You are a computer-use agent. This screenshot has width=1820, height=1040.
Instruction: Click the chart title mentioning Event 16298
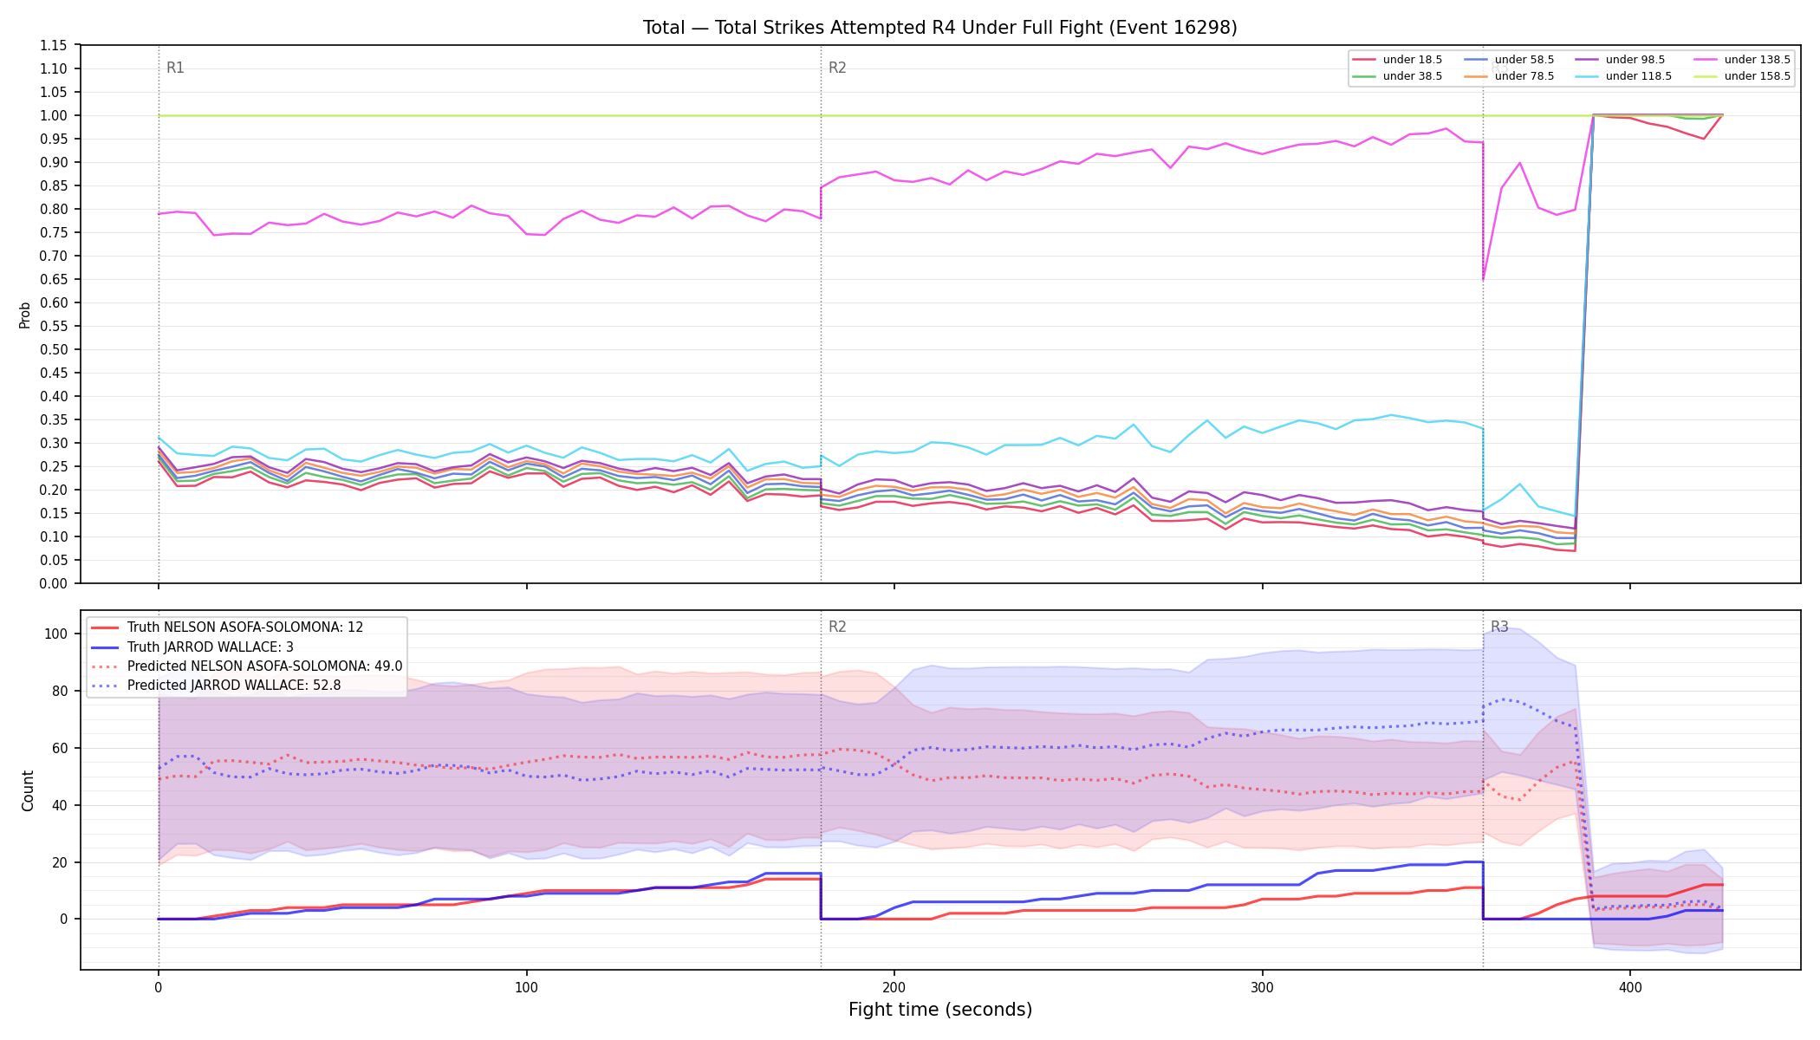click(940, 28)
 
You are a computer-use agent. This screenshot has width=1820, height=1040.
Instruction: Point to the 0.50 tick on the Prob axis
click(54, 349)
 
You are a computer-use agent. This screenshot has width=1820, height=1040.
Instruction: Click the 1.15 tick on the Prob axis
click(54, 45)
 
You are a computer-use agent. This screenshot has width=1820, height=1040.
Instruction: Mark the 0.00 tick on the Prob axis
click(54, 583)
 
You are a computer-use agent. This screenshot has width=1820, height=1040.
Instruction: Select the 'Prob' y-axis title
click(25, 315)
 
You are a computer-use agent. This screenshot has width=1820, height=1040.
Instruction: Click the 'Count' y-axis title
click(28, 790)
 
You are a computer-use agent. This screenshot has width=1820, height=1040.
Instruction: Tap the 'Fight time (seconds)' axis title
click(940, 1010)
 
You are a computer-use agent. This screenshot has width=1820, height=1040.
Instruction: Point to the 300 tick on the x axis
click(1262, 987)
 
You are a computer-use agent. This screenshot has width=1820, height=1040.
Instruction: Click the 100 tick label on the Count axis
click(56, 634)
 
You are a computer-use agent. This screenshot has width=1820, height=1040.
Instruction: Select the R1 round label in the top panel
click(175, 68)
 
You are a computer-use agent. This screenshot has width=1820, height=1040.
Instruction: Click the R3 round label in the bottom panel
click(1499, 627)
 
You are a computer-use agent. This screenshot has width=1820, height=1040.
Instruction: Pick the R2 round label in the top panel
click(837, 68)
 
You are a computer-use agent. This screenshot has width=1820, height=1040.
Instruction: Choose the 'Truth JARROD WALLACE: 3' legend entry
click(211, 647)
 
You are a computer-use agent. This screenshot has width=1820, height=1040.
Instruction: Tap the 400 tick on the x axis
click(1630, 987)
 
